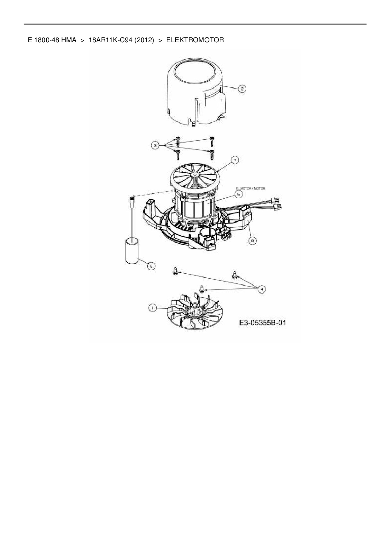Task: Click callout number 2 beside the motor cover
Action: click(x=242, y=89)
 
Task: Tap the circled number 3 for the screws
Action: click(x=155, y=145)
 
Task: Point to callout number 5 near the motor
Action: click(x=239, y=195)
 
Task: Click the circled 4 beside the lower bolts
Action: click(x=261, y=288)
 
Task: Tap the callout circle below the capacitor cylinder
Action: click(x=151, y=266)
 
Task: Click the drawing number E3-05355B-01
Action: click(x=262, y=323)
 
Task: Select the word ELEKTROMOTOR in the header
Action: click(x=195, y=40)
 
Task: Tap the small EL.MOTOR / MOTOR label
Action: click(x=251, y=188)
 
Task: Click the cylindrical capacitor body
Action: click(x=132, y=251)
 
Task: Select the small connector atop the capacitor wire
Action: click(x=131, y=199)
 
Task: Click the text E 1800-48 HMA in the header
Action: click(x=52, y=40)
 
